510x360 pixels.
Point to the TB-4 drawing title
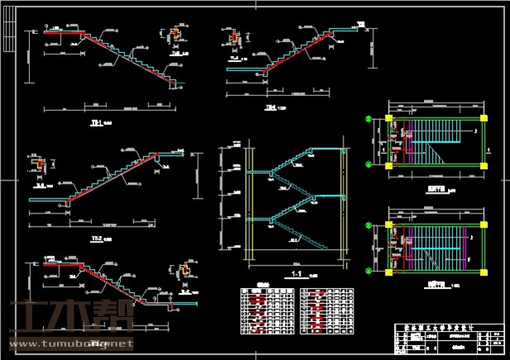click(x=270, y=108)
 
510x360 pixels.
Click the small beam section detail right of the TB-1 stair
click(x=176, y=35)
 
